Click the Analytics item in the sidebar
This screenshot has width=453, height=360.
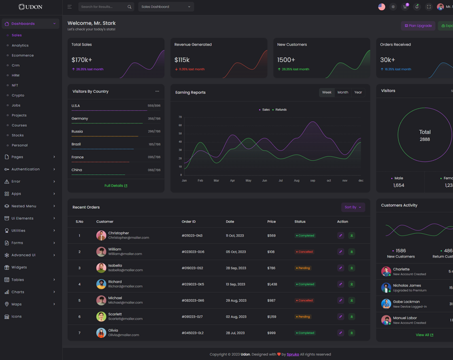click(x=20, y=45)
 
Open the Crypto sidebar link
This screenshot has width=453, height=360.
click(x=18, y=95)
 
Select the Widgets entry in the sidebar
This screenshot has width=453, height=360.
click(x=19, y=267)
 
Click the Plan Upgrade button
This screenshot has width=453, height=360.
click(x=418, y=25)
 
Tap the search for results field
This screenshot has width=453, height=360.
click(x=104, y=7)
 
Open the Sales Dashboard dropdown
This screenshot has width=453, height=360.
click(x=166, y=7)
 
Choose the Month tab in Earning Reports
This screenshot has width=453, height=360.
click(x=343, y=92)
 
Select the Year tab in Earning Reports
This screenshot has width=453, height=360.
click(x=358, y=92)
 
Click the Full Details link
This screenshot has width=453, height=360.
click(x=116, y=186)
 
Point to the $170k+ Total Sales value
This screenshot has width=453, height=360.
click(x=82, y=60)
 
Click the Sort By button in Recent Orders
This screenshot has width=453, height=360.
click(x=352, y=207)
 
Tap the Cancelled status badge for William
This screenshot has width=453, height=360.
click(x=305, y=252)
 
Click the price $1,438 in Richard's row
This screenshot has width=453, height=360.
click(x=272, y=284)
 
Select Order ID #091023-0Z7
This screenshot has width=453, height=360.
click(x=192, y=316)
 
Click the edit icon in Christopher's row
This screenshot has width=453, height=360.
click(x=340, y=235)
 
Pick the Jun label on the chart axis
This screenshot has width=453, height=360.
click(x=264, y=181)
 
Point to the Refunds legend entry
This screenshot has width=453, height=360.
click(x=280, y=110)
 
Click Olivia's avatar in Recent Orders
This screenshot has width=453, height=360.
click(x=101, y=333)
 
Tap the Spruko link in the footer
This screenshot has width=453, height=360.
click(x=293, y=354)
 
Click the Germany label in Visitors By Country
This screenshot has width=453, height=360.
click(x=80, y=118)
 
